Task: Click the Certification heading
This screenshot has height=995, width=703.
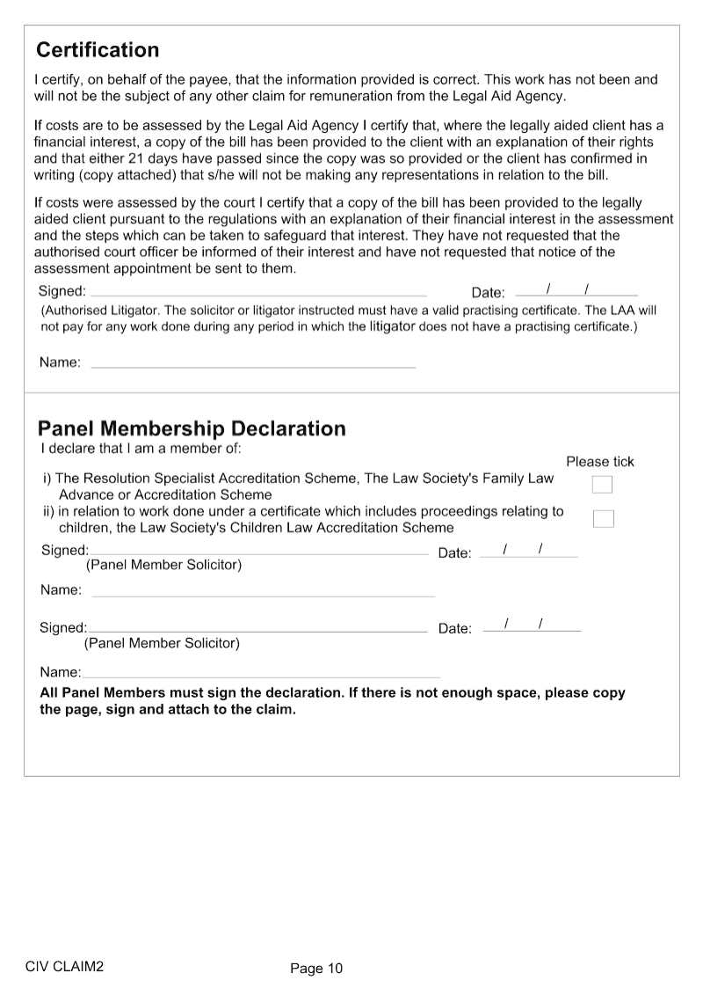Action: pyautogui.click(x=98, y=49)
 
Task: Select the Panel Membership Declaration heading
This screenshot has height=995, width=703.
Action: pyautogui.click(x=192, y=428)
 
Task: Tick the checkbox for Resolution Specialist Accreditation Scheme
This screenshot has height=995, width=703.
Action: pyautogui.click(x=602, y=485)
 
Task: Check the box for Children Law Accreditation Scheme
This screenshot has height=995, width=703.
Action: pyautogui.click(x=603, y=518)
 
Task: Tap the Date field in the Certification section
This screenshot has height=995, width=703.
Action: pyautogui.click(x=576, y=290)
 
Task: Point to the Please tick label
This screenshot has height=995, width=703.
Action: pyautogui.click(x=599, y=462)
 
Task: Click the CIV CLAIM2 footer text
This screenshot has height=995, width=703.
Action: pyautogui.click(x=65, y=966)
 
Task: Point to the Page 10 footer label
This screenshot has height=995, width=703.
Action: pyautogui.click(x=316, y=969)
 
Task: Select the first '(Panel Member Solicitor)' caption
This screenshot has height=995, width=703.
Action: pyautogui.click(x=163, y=565)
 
